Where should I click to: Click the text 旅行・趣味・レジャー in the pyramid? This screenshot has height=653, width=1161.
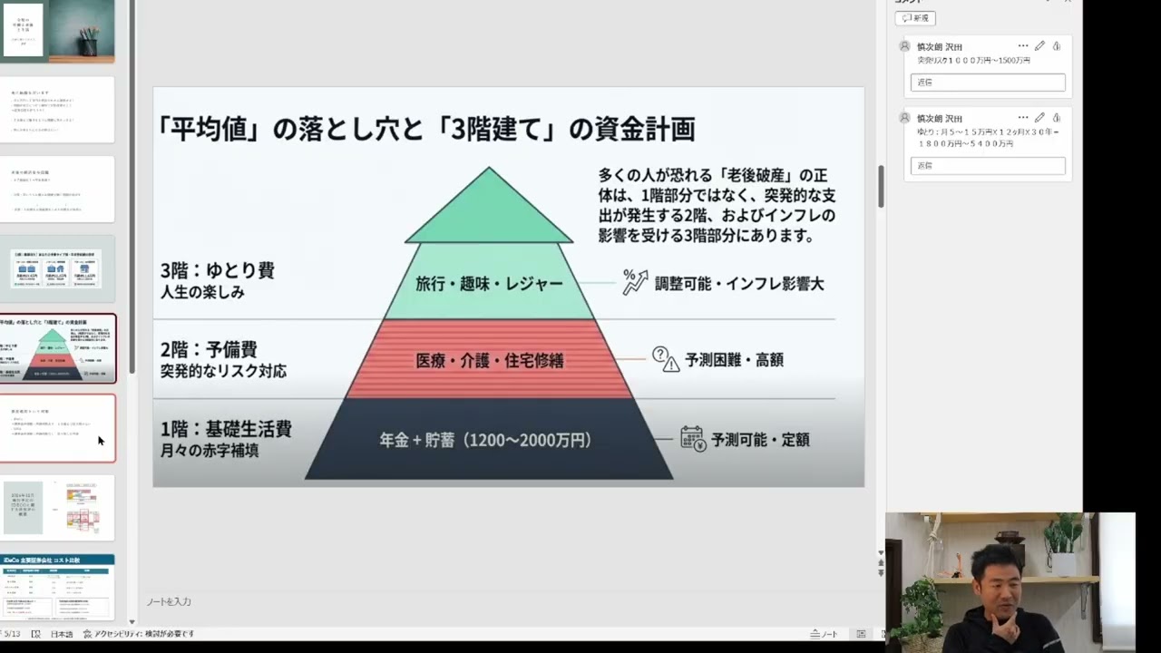tap(489, 284)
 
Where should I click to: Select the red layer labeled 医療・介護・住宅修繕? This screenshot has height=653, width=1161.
tap(489, 360)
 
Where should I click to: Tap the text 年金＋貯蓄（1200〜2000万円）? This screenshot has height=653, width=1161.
tap(485, 441)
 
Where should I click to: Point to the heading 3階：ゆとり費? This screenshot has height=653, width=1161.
tap(217, 271)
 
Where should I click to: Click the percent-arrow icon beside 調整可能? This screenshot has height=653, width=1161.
tap(635, 282)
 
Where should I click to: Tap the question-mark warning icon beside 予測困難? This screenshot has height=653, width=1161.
tap(665, 359)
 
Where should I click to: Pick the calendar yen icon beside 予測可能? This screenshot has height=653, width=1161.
tap(693, 440)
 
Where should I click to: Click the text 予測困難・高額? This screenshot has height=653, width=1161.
tap(734, 360)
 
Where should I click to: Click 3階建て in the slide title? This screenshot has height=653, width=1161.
tap(495, 130)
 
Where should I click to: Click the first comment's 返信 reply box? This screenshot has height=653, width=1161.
tap(987, 83)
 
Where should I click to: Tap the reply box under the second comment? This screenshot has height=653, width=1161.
tap(987, 166)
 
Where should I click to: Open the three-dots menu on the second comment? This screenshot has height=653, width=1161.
tap(1023, 118)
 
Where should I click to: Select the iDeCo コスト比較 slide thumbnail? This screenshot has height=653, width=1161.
tap(58, 588)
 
